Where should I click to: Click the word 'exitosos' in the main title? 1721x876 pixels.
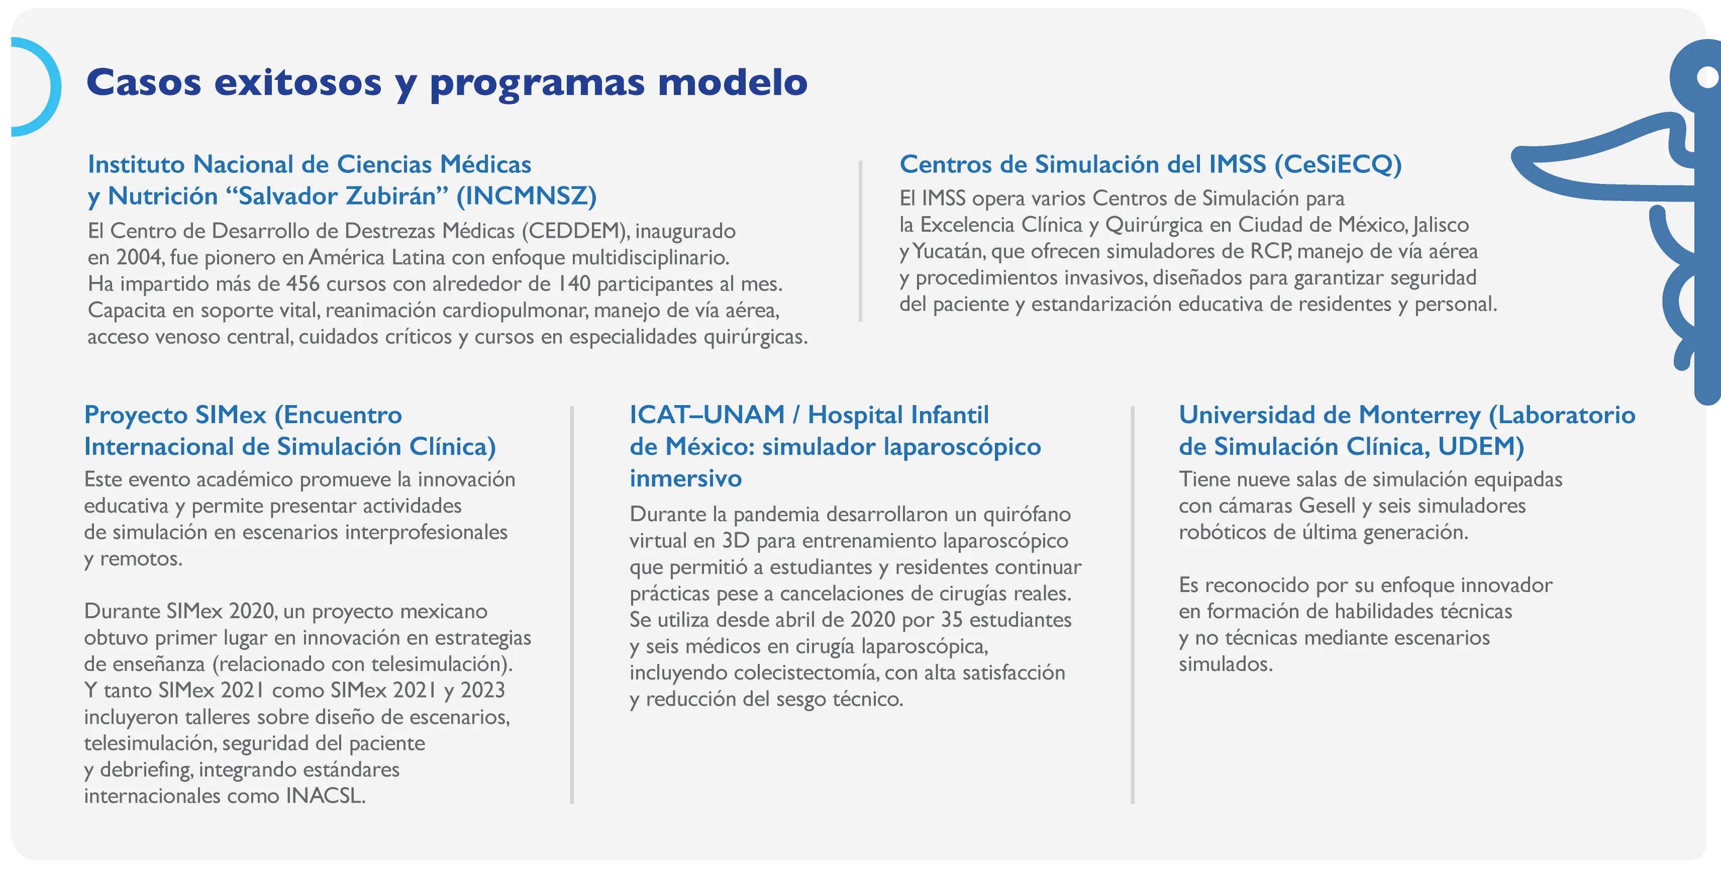pos(298,83)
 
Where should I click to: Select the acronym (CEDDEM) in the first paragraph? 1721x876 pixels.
pos(574,231)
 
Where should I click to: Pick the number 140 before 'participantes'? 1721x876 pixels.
pos(574,283)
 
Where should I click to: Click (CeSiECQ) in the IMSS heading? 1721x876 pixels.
pos(1338,164)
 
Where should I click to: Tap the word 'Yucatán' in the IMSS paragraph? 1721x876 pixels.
pos(948,251)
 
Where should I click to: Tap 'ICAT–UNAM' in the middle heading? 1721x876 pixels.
pos(707,415)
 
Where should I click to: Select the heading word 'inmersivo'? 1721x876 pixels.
pos(685,478)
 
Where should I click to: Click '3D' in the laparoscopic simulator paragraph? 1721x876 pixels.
pos(736,541)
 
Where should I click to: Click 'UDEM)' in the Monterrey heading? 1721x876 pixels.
pos(1480,446)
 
